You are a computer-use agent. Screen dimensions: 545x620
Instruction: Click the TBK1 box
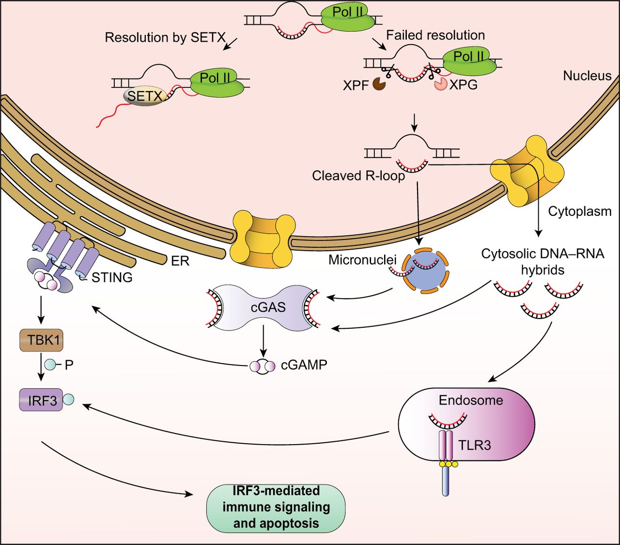41,340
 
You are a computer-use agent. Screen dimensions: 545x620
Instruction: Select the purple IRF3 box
41,400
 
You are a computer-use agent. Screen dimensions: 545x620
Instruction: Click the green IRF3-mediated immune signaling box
276,507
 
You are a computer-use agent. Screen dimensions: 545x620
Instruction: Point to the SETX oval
144,96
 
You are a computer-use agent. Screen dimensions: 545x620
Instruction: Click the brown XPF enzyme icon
379,85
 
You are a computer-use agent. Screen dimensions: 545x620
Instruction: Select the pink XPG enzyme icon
440,84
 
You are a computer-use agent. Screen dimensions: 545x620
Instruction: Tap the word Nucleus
587,76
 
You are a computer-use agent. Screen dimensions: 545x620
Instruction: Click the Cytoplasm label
579,211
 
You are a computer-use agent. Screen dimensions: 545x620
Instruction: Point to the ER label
180,261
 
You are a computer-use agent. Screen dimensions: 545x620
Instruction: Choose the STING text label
111,277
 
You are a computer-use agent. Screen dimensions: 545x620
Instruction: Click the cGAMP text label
304,365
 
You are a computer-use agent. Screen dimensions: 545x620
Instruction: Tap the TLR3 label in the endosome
475,445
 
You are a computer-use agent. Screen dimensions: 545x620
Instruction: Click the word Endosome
470,401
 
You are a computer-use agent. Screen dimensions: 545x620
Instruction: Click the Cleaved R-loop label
358,176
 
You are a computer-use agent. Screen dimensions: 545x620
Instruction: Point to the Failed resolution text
435,35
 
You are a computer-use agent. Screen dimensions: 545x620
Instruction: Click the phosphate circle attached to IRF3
69,400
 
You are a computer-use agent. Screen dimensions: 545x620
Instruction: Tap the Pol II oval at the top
347,17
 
